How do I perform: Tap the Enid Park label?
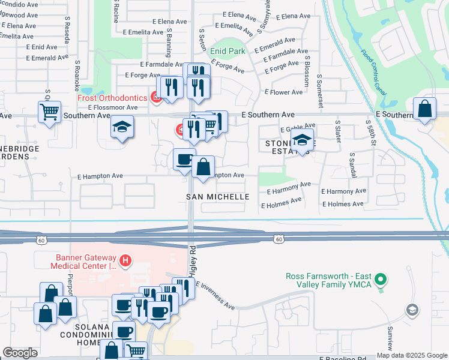click(228, 52)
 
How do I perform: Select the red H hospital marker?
click(125, 260)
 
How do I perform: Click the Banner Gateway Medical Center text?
click(83, 262)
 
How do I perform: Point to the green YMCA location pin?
click(379, 279)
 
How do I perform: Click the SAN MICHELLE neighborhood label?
click(217, 197)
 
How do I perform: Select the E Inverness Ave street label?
click(214, 296)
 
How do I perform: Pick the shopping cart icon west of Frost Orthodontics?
click(49, 111)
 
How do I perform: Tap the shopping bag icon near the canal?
click(424, 109)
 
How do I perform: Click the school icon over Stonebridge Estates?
click(303, 140)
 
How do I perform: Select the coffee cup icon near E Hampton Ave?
click(184, 160)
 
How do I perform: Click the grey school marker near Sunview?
click(412, 310)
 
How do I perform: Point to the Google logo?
click(20, 353)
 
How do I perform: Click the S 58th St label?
click(370, 134)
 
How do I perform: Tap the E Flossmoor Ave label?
click(113, 107)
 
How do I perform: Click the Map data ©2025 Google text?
click(412, 355)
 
